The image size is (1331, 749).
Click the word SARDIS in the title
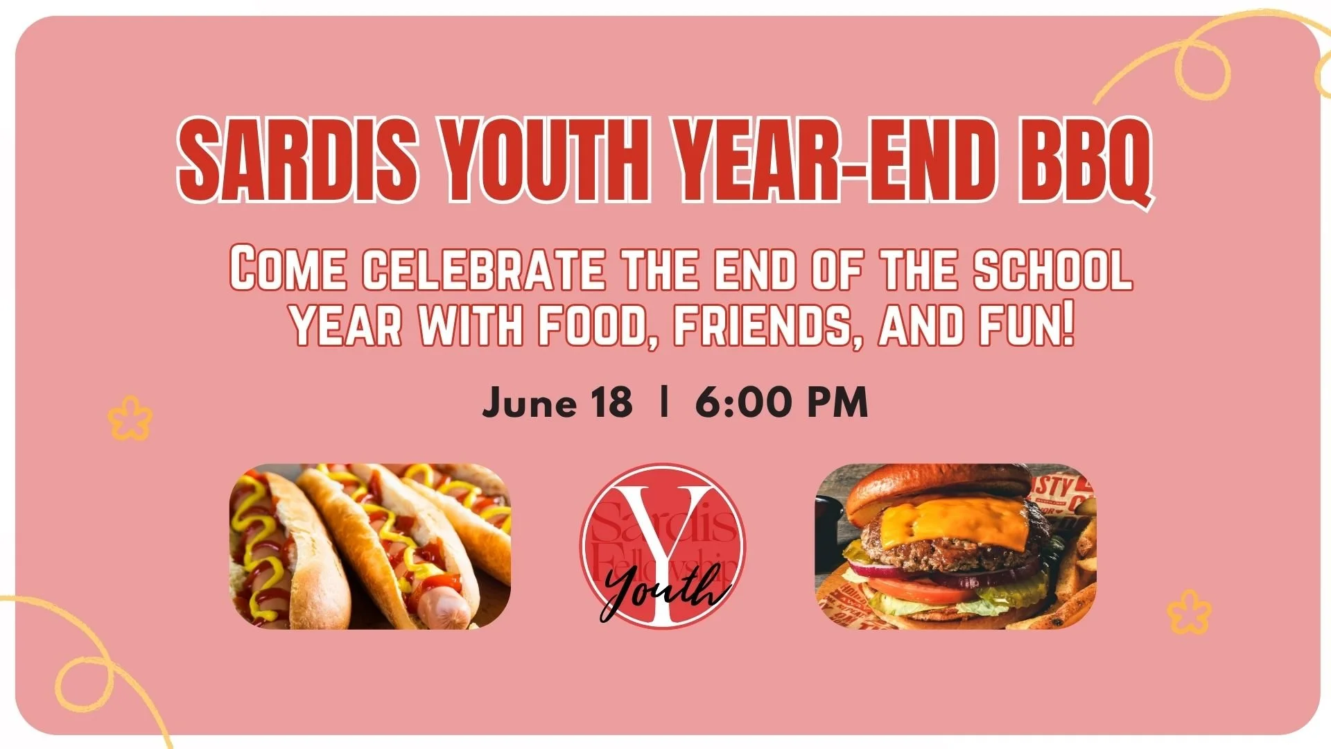pyautogui.click(x=298, y=161)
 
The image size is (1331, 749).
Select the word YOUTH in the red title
pyautogui.click(x=546, y=161)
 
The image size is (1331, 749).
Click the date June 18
pyautogui.click(x=557, y=402)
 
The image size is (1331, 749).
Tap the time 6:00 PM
pyautogui.click(x=781, y=402)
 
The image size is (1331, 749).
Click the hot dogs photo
pyautogui.click(x=369, y=546)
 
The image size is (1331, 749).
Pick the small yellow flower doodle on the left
pyautogui.click(x=130, y=417)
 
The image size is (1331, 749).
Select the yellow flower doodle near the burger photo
pyautogui.click(x=1188, y=612)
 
